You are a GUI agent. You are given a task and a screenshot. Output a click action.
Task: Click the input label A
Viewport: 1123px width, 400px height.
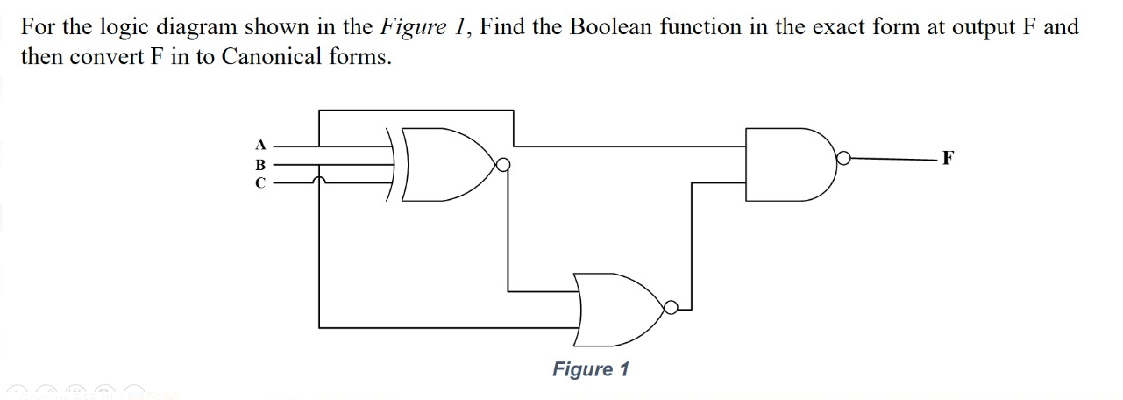259,144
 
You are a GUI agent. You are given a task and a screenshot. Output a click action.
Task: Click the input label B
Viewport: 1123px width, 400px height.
259,163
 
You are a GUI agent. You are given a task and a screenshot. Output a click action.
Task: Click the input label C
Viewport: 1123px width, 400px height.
259,182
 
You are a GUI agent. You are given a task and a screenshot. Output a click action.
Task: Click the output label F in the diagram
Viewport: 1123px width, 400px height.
948,159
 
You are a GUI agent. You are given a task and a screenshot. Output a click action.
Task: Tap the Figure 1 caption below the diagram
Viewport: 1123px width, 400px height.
590,369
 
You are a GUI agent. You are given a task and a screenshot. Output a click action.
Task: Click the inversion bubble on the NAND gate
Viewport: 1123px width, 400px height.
843,159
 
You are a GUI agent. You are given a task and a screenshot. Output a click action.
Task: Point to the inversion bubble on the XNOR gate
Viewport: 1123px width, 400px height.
502,164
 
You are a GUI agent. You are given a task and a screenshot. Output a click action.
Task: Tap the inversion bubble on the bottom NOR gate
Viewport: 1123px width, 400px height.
672,307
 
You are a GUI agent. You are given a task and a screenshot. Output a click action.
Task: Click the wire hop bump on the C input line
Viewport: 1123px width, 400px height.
320,181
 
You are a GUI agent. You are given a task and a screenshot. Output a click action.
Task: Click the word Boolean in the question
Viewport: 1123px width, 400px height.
611,26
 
